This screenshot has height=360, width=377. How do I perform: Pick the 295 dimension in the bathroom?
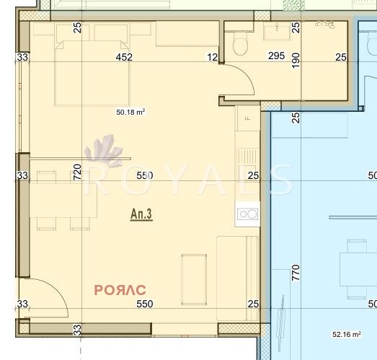[x=276, y=56]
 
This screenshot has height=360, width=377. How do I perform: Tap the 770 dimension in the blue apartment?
[x=295, y=273]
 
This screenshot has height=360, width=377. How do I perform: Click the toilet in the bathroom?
[x=241, y=45]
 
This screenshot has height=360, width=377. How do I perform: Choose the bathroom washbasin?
[x=273, y=30]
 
